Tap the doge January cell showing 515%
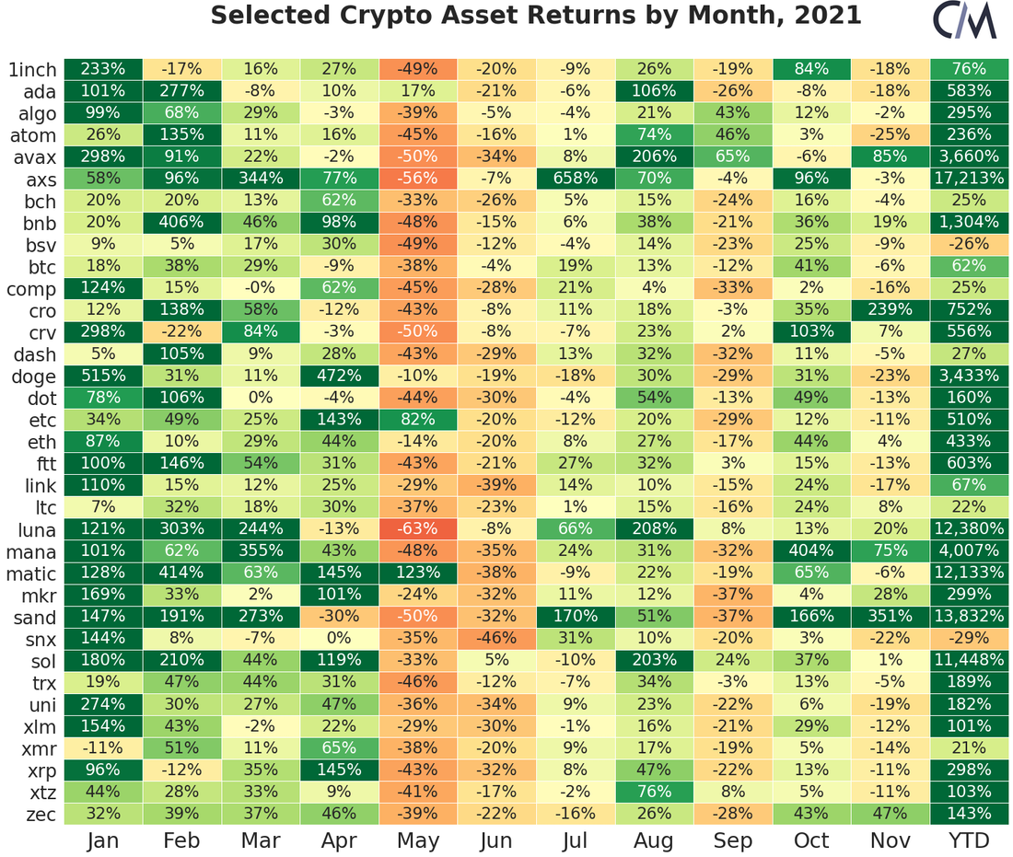pyautogui.click(x=102, y=376)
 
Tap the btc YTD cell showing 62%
pyautogui.click(x=969, y=267)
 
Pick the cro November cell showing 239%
pyautogui.click(x=891, y=310)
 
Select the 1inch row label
pyautogui.click(x=32, y=70)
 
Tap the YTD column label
pyautogui.click(x=969, y=840)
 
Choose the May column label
pyautogui.click(x=417, y=840)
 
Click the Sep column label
pyautogui.click(x=733, y=840)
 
